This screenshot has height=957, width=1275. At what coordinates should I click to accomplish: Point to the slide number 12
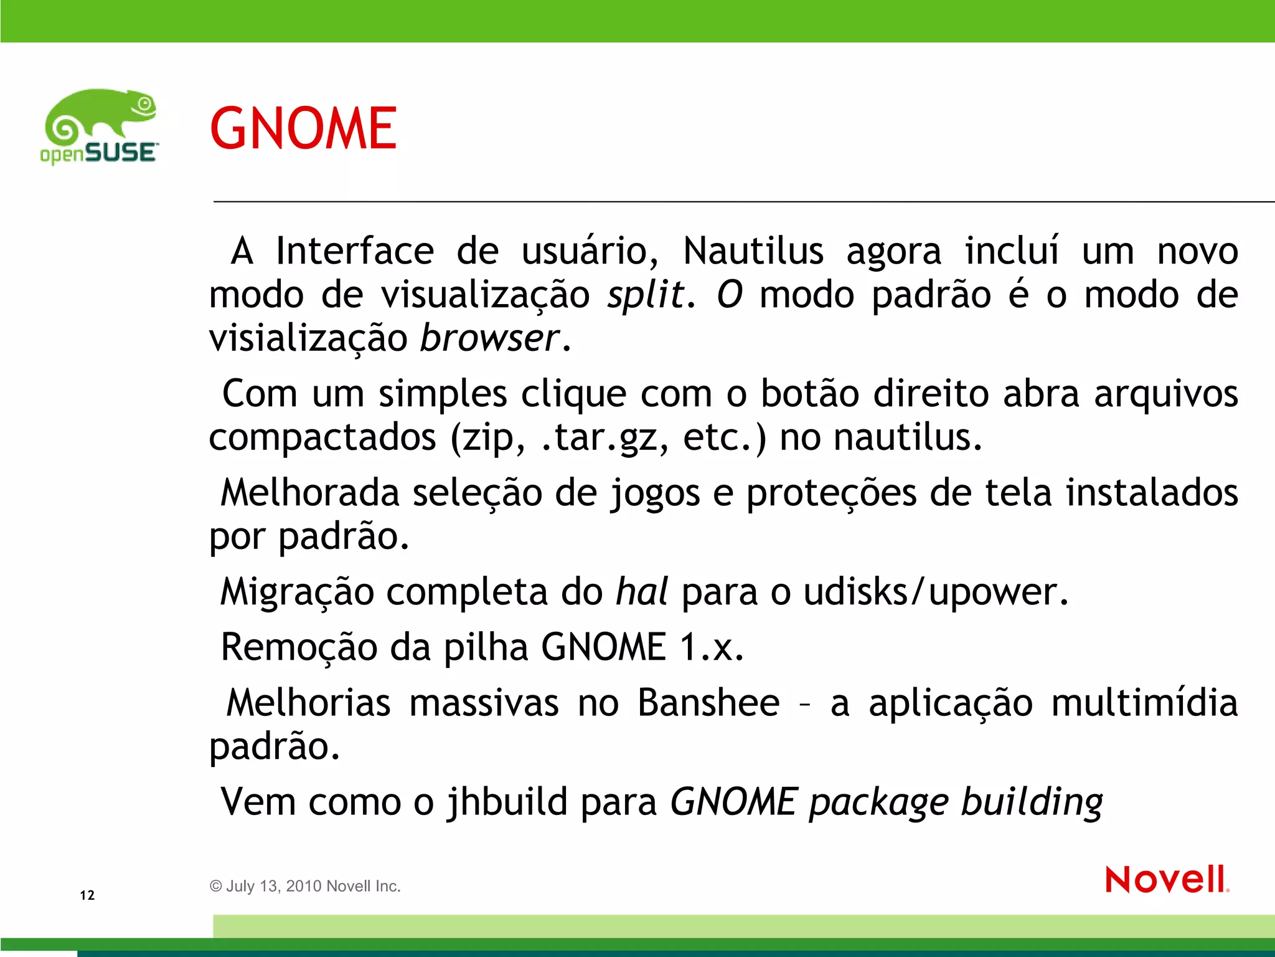[87, 895]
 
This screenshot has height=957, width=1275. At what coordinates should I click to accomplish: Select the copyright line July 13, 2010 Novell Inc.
[305, 886]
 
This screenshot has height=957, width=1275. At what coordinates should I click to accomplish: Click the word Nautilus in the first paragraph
[753, 251]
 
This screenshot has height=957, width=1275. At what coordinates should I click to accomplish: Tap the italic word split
[646, 295]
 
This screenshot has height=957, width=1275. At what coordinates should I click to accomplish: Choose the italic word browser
[490, 338]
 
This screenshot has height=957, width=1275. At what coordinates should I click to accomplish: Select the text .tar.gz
[599, 438]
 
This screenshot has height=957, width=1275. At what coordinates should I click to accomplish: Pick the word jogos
[655, 493]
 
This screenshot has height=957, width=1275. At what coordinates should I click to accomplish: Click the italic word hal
[641, 591]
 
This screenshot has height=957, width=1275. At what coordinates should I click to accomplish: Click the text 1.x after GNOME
[711, 647]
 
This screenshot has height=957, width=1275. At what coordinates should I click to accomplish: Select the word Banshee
[708, 703]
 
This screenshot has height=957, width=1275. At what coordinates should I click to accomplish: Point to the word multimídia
[1144, 703]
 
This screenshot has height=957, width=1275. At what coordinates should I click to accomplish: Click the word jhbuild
[507, 802]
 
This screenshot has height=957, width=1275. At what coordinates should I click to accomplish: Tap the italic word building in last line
[1032, 802]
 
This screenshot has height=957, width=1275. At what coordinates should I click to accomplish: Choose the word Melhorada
[309, 493]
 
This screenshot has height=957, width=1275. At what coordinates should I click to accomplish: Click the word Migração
[297, 592]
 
